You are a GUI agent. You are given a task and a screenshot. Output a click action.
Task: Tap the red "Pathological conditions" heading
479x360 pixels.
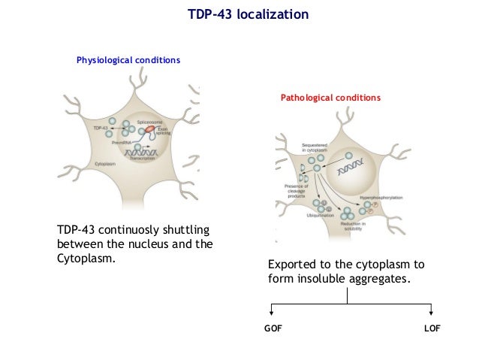[330, 98]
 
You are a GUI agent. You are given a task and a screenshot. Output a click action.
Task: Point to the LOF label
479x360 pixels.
[432, 329]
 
